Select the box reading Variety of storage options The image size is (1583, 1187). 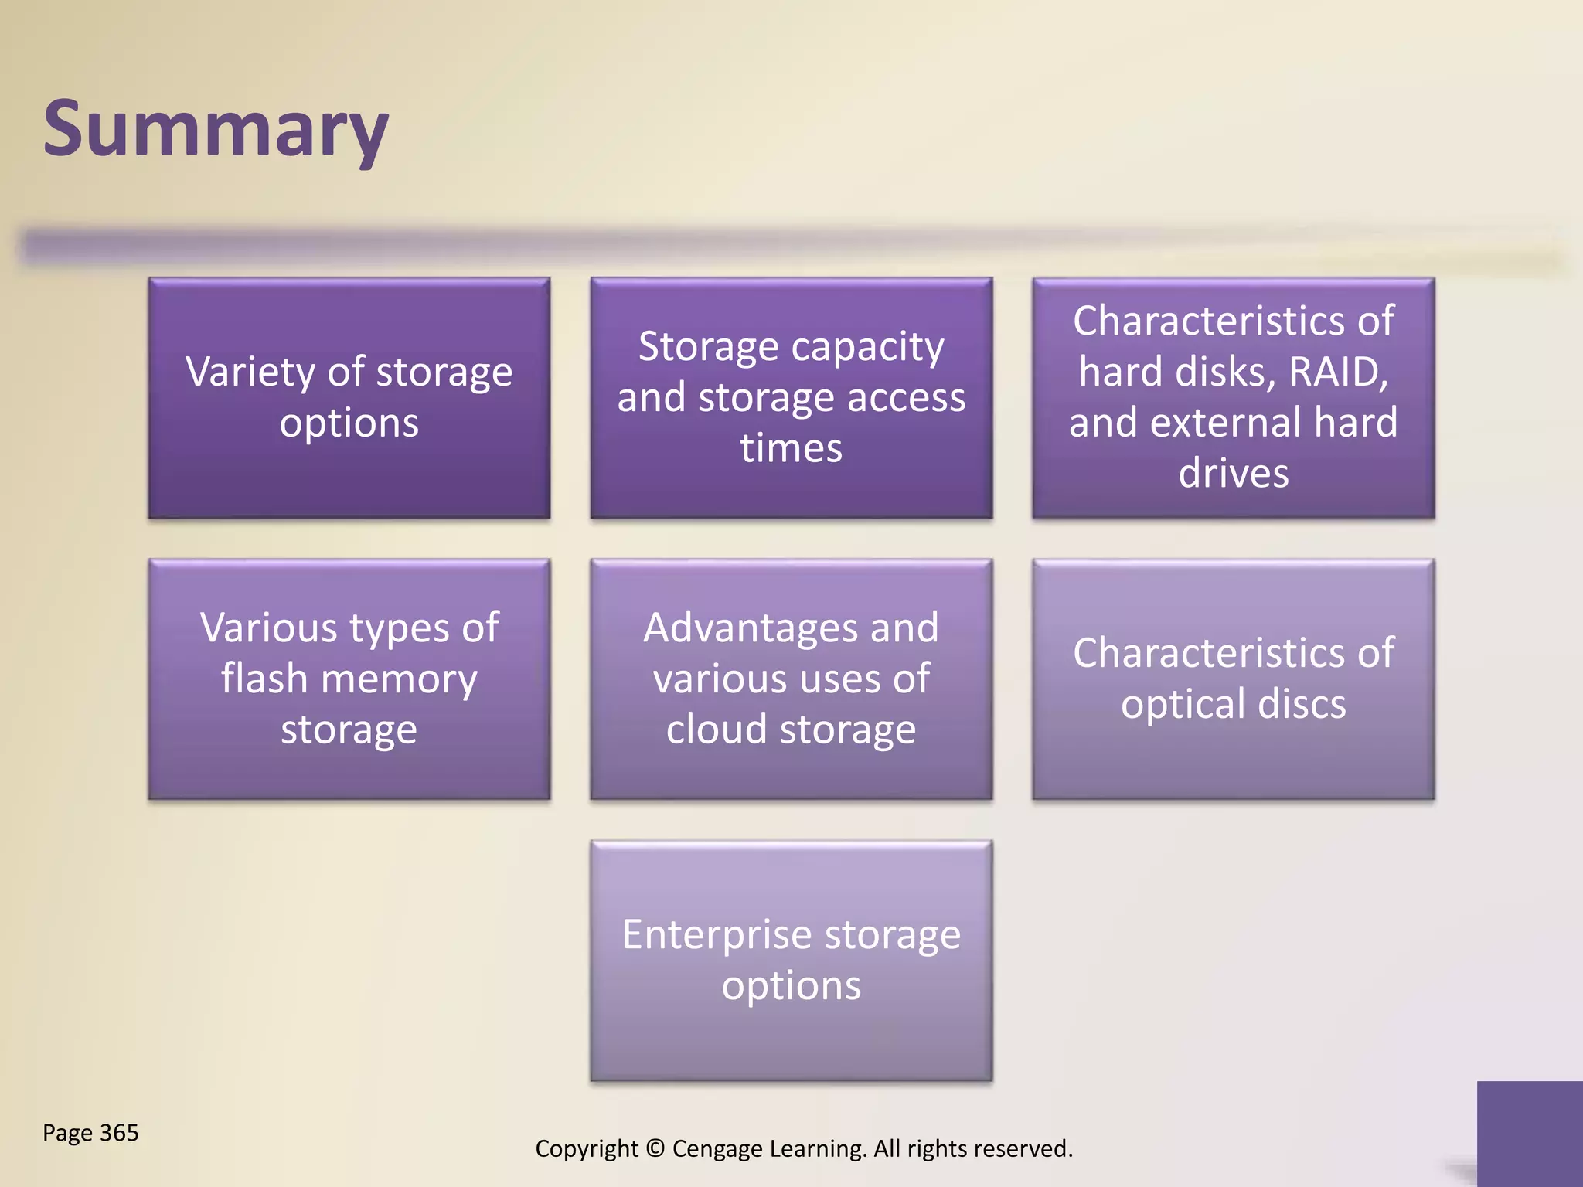[x=349, y=397]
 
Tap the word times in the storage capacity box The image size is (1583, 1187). [x=791, y=448]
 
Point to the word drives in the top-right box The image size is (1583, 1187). [x=1234, y=473]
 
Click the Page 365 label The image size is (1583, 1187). [x=90, y=1133]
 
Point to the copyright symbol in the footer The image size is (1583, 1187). [x=655, y=1148]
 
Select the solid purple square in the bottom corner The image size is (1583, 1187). [x=1530, y=1133]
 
